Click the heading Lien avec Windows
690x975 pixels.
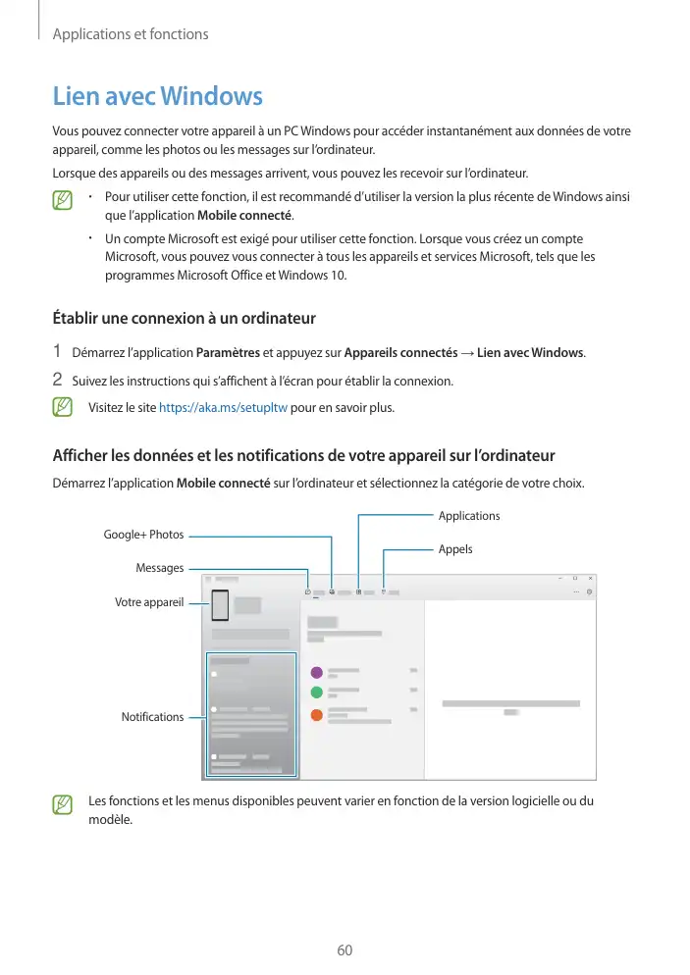[x=157, y=97]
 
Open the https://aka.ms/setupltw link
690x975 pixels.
[x=223, y=407]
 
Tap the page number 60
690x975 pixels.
[x=345, y=950]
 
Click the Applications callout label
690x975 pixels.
[x=468, y=516]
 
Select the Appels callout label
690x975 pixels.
[x=455, y=549]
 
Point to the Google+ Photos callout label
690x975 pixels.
[x=143, y=535]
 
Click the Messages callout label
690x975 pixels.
[x=160, y=568]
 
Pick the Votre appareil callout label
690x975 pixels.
[x=149, y=602]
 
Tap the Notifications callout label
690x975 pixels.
[x=152, y=717]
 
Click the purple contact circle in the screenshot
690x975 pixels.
[x=316, y=672]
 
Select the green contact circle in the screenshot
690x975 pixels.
[x=316, y=693]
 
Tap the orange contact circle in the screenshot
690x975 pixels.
[x=316, y=713]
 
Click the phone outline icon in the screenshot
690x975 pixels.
[x=220, y=605]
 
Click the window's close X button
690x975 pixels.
[x=590, y=577]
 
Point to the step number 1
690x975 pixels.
[x=58, y=351]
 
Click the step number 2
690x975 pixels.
[x=58, y=379]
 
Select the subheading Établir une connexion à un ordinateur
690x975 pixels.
[x=183, y=318]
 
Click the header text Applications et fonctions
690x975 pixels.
[x=131, y=34]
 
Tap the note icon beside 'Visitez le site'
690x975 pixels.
[x=63, y=406]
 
